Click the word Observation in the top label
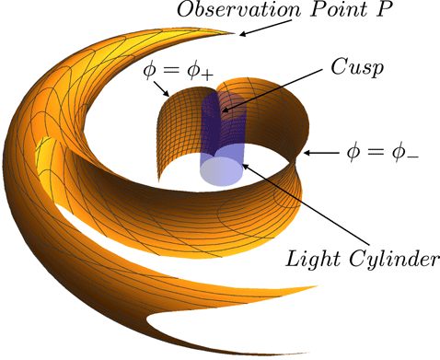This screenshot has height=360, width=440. pos(231,13)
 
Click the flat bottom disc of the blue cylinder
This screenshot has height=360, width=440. pos(223,173)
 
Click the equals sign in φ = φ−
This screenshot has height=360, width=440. pos(377,150)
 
